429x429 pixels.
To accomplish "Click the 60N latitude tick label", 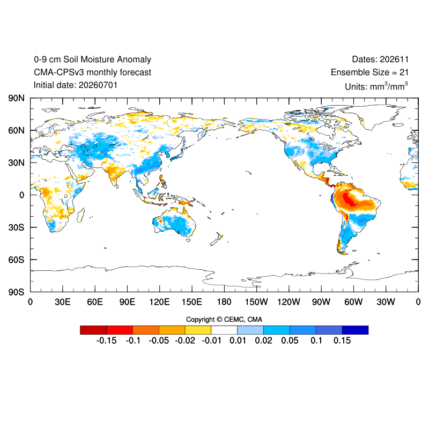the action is (x=16, y=130).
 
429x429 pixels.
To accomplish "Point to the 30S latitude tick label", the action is (x=16, y=227).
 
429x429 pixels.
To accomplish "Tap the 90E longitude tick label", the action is (x=127, y=302).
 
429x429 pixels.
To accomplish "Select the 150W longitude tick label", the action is (x=256, y=302).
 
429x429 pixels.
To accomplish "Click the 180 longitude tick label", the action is (x=224, y=302).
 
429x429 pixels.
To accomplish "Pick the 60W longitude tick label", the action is (x=353, y=302).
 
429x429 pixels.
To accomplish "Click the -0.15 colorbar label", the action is (x=106, y=341).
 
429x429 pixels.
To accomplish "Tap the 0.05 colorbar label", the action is (x=290, y=341).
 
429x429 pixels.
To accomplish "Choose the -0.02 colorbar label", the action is (x=185, y=341).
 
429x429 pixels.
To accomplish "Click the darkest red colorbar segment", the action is (x=93, y=330).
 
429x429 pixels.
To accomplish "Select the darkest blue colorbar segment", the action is (x=355, y=330).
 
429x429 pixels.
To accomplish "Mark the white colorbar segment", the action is (x=224, y=330).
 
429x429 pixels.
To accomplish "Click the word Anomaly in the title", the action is (x=134, y=60).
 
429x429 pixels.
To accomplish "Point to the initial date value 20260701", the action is (x=98, y=85).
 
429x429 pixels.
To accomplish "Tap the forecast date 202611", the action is (x=394, y=60).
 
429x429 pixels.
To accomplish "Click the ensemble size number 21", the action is (x=404, y=72).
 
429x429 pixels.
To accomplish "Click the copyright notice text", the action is (x=224, y=320).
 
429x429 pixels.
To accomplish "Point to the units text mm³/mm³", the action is (x=389, y=86).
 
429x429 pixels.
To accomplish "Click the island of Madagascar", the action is (x=80, y=215).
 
